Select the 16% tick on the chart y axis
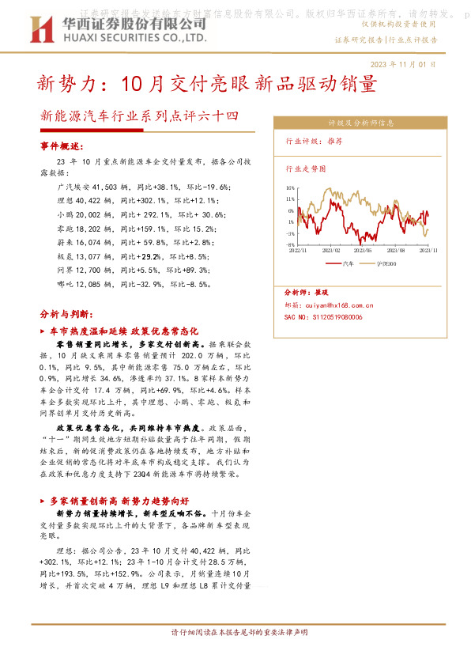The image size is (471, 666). (290, 188)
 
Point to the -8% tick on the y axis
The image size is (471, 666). (290, 245)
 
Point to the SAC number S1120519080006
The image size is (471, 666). (323, 316)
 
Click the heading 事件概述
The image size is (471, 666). (61, 147)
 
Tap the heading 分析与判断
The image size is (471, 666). (66, 313)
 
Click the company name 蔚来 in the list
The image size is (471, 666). (66, 241)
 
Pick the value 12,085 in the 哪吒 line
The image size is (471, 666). (92, 283)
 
